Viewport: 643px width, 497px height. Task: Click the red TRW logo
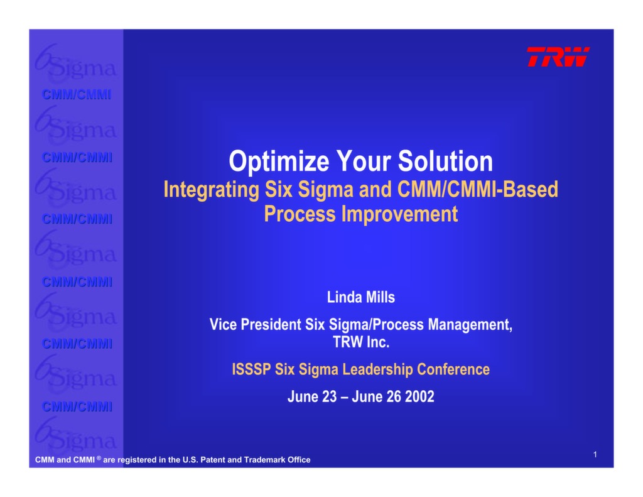[x=558, y=57]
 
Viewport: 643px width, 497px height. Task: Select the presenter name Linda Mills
[x=361, y=297]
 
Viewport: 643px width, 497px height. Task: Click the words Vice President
[x=256, y=325]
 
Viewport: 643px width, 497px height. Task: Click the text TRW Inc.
[x=361, y=343]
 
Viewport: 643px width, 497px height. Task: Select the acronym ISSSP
[x=251, y=369]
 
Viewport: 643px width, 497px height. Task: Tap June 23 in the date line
[x=312, y=397]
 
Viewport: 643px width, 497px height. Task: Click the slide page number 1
[x=594, y=454]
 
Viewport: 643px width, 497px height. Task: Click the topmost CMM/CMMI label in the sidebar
[x=77, y=95]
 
